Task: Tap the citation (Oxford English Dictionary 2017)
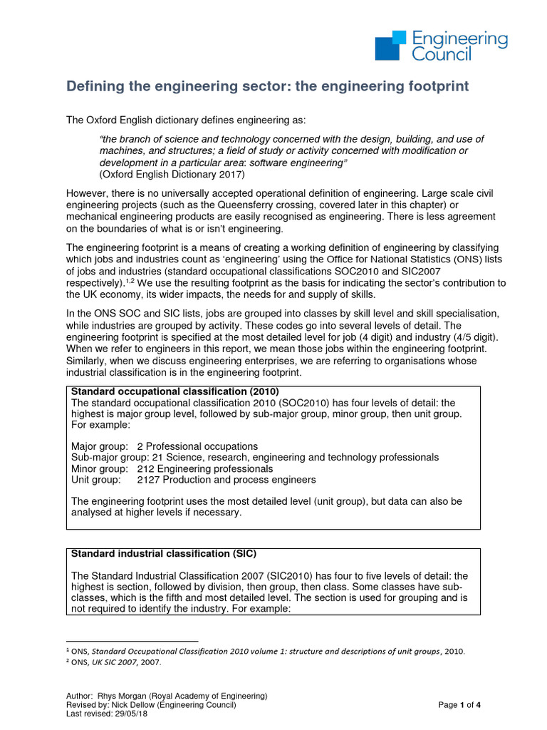172,175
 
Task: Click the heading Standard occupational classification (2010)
174,392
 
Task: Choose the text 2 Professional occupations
197,446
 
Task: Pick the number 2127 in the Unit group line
151,480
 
